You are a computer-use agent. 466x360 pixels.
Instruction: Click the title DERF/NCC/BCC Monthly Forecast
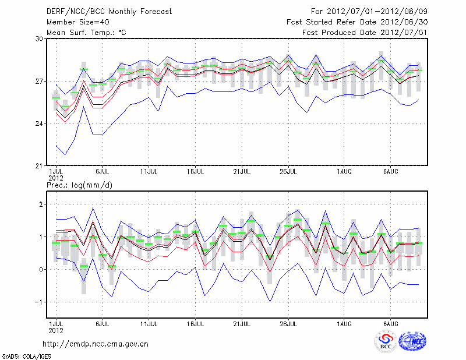point(109,11)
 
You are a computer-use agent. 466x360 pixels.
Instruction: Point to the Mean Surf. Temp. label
point(86,32)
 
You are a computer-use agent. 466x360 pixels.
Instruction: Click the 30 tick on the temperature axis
point(40,39)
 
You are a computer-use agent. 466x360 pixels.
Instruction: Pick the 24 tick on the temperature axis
point(40,123)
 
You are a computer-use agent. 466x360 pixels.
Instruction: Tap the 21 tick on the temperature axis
point(40,165)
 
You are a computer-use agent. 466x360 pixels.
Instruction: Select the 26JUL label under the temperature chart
point(288,172)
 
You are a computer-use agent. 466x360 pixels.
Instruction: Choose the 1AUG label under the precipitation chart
point(344,323)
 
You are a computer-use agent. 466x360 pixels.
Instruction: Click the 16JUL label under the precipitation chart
point(196,323)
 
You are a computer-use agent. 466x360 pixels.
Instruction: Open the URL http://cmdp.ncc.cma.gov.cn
point(96,344)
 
